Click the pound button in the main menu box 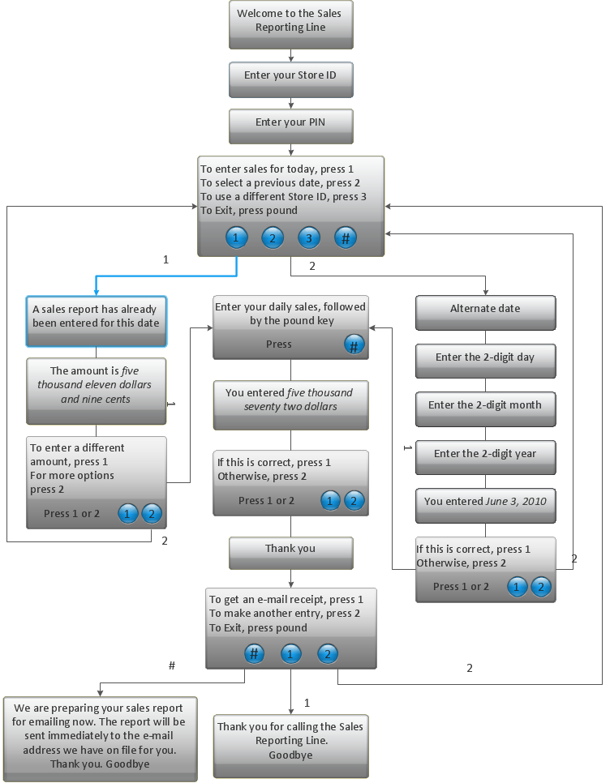click(x=346, y=238)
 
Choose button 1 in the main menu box click(x=235, y=238)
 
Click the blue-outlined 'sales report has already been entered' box click(x=96, y=317)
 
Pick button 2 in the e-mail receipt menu click(x=327, y=654)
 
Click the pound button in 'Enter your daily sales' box click(x=354, y=345)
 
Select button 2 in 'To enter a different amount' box click(x=152, y=514)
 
